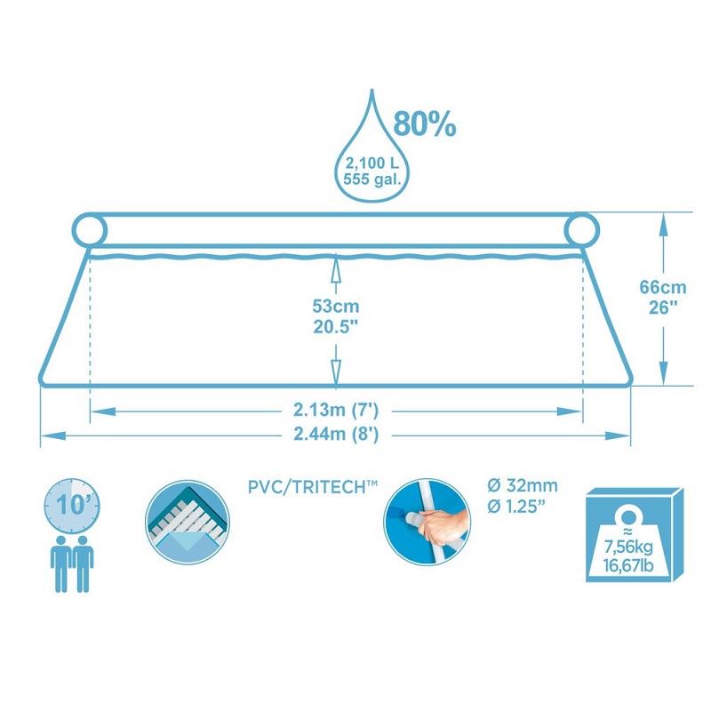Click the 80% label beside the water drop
click(425, 124)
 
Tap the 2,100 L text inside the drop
click(371, 163)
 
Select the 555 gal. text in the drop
click(372, 179)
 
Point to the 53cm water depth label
click(336, 306)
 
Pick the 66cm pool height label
click(662, 287)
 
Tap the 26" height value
click(662, 308)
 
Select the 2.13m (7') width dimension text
click(336, 410)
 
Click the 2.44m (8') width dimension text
click(336, 435)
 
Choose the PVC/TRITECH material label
click(313, 487)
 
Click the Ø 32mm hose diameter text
click(523, 485)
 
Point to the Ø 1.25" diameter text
click(515, 507)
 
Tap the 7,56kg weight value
click(628, 547)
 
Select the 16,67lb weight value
click(628, 566)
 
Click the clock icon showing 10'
click(72, 506)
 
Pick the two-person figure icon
click(72, 564)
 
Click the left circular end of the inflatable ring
click(90, 231)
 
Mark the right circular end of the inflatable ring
click(582, 230)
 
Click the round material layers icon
click(188, 522)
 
